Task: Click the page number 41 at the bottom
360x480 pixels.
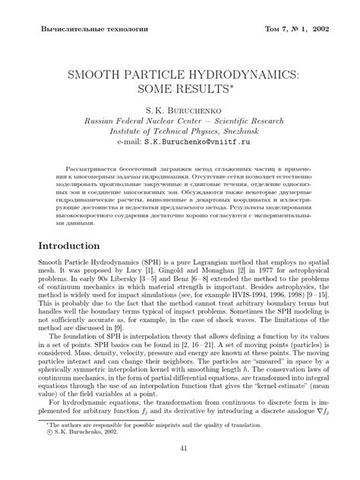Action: click(180, 470)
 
